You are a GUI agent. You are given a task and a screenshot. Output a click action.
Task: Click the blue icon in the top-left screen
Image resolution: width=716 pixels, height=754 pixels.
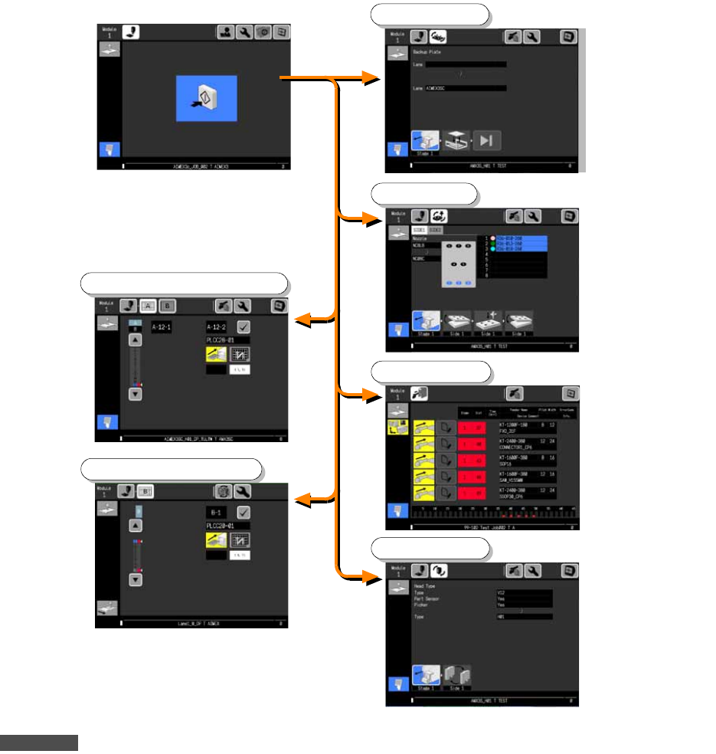[206, 98]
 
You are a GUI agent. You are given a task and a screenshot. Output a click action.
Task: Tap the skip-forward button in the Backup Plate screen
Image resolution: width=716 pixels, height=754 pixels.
[486, 139]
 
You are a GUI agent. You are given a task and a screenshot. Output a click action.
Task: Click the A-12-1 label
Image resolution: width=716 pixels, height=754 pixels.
[162, 326]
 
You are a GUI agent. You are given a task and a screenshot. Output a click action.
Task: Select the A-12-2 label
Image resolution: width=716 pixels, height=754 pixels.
[219, 326]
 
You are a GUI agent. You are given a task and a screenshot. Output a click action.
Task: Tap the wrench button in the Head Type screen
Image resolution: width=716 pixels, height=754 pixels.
[532, 571]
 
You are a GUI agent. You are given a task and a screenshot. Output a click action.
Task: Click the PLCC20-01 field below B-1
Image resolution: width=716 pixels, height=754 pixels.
[227, 526]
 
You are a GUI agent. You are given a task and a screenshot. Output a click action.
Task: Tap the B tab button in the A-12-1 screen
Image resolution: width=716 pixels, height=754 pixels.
[168, 306]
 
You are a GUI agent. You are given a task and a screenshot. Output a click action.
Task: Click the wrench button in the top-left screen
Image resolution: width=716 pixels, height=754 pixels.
[244, 33]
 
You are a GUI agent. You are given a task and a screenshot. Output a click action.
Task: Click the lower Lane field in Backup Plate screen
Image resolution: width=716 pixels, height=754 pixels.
[466, 88]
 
